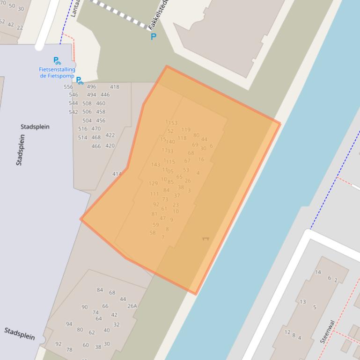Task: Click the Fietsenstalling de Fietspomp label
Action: [57, 72]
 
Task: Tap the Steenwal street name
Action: [327, 331]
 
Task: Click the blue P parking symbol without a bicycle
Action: [153, 36]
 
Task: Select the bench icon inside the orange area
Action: [205, 238]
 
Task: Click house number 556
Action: [68, 87]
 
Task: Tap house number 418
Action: [115, 87]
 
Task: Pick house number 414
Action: [117, 174]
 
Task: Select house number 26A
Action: [132, 306]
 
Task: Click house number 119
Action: [186, 130]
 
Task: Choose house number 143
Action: [155, 165]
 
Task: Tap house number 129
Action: [153, 184]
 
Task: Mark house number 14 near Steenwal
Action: [318, 272]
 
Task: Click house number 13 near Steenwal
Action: [303, 302]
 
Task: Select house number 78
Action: [69, 350]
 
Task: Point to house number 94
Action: [69, 324]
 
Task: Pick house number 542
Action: [73, 112]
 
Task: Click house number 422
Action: [110, 135]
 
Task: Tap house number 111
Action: [154, 194]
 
